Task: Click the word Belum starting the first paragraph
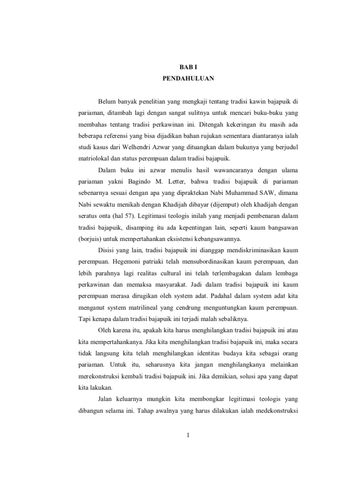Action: tap(106, 101)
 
